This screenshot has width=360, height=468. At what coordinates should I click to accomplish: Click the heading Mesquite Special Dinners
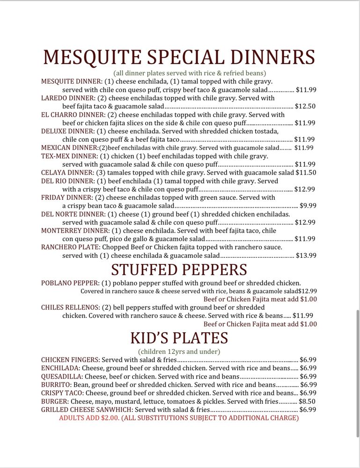click(x=179, y=58)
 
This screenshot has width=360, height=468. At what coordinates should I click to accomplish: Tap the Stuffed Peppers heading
click(x=179, y=270)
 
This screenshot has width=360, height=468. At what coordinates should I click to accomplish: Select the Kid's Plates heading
click(x=179, y=338)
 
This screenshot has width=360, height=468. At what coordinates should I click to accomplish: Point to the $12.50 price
click(x=305, y=106)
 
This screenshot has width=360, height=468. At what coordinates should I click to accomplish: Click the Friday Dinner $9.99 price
click(x=308, y=205)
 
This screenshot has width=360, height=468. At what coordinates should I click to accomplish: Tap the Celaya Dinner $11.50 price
click(x=306, y=172)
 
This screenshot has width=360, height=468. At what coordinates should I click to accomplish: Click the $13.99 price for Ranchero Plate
click(x=306, y=256)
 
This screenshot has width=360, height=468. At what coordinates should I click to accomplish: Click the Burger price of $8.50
click(x=308, y=401)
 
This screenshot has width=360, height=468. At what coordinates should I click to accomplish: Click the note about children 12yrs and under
click(x=179, y=351)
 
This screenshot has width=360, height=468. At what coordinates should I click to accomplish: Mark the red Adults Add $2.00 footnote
click(x=179, y=418)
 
